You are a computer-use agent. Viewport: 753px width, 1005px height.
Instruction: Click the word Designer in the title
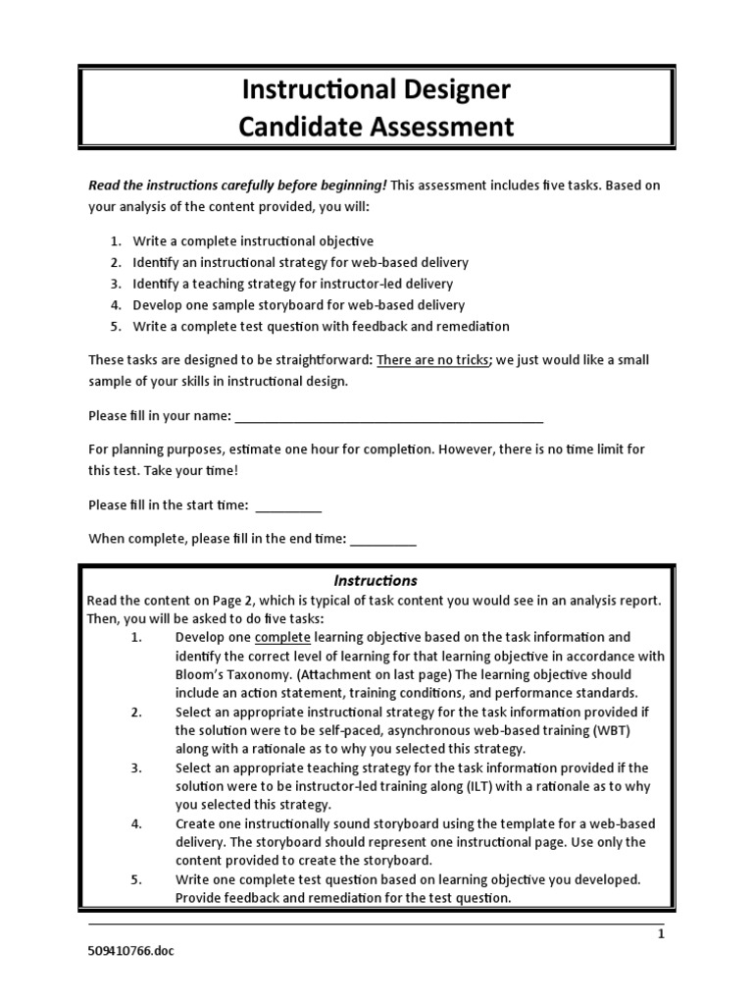point(453,91)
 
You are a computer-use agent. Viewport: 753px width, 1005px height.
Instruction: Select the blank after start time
point(288,506)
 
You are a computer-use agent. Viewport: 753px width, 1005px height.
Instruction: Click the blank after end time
point(382,538)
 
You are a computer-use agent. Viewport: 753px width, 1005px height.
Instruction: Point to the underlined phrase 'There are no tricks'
point(432,359)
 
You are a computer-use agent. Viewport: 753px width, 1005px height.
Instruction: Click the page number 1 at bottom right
point(661,934)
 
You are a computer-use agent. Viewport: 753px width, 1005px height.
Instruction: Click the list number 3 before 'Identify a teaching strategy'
point(114,284)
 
